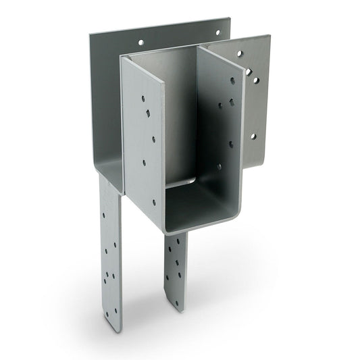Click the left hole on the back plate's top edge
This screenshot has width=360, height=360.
(x=141, y=42)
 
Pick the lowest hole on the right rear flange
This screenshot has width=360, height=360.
(x=253, y=136)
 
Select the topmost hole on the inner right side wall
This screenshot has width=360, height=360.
(x=232, y=80)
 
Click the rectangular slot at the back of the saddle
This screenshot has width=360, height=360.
(x=181, y=181)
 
